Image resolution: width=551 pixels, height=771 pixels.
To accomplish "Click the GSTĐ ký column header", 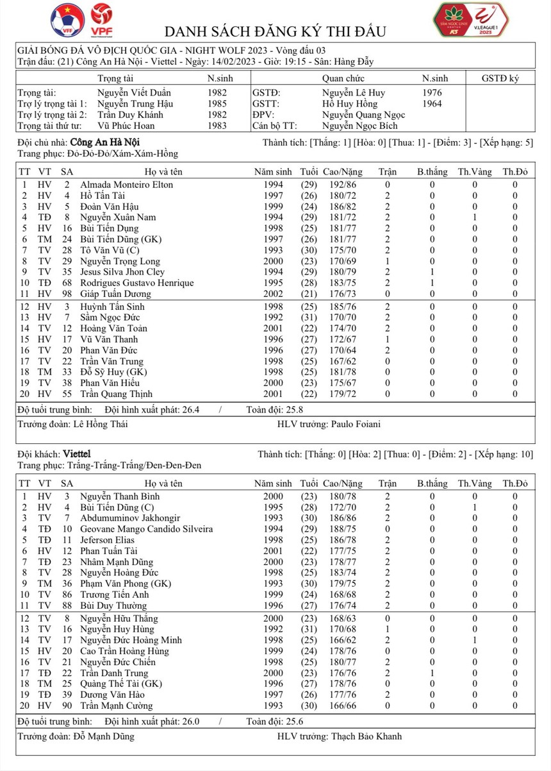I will pyautogui.click(x=500, y=78).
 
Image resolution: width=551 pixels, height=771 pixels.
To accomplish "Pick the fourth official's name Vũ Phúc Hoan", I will pyautogui.click(x=126, y=126).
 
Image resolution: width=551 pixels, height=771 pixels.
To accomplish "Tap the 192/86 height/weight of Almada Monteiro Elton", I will pyautogui.click(x=341, y=185).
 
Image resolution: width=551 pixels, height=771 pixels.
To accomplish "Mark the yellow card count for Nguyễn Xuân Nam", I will pyautogui.click(x=475, y=217).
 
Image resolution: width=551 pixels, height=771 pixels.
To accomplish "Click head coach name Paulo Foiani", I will pyautogui.click(x=358, y=424).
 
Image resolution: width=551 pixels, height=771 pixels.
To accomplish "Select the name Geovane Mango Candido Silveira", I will pyautogui.click(x=147, y=529).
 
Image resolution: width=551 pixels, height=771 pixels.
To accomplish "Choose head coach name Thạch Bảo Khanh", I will pyautogui.click(x=366, y=736).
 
